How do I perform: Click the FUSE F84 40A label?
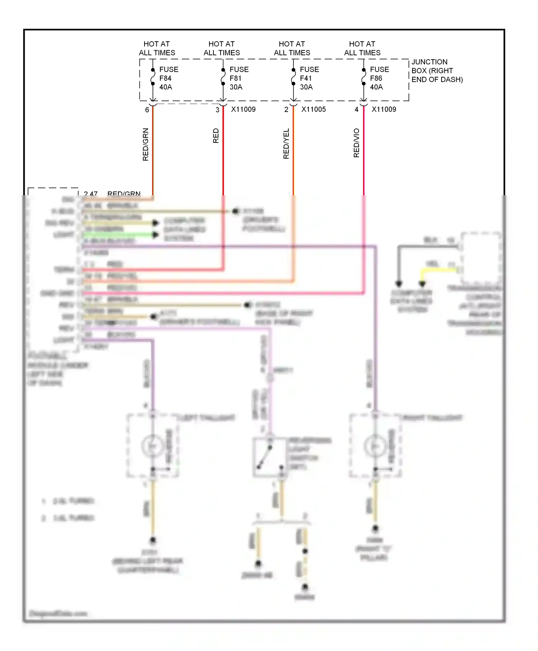tap(169, 78)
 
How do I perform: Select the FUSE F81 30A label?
tap(239, 78)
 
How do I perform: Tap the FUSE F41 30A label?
tap(309, 78)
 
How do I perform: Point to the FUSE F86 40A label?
tap(379, 78)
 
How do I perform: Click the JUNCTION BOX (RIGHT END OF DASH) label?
tap(437, 71)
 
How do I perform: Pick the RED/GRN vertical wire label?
tap(146, 144)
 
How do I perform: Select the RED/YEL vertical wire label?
tap(286, 144)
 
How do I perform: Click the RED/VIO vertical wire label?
tap(357, 143)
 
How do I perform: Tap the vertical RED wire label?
tap(216, 136)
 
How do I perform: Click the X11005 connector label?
tap(313, 109)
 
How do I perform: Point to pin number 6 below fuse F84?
tap(147, 110)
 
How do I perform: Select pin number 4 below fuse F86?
tap(357, 110)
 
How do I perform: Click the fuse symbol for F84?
tap(153, 77)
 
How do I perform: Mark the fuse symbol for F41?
tap(293, 77)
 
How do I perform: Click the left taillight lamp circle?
tap(152, 446)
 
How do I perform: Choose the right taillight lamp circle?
tap(375, 446)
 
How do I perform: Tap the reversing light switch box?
tap(270, 457)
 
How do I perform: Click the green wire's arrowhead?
tap(156, 235)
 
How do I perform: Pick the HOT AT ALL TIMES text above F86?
tap(362, 48)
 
